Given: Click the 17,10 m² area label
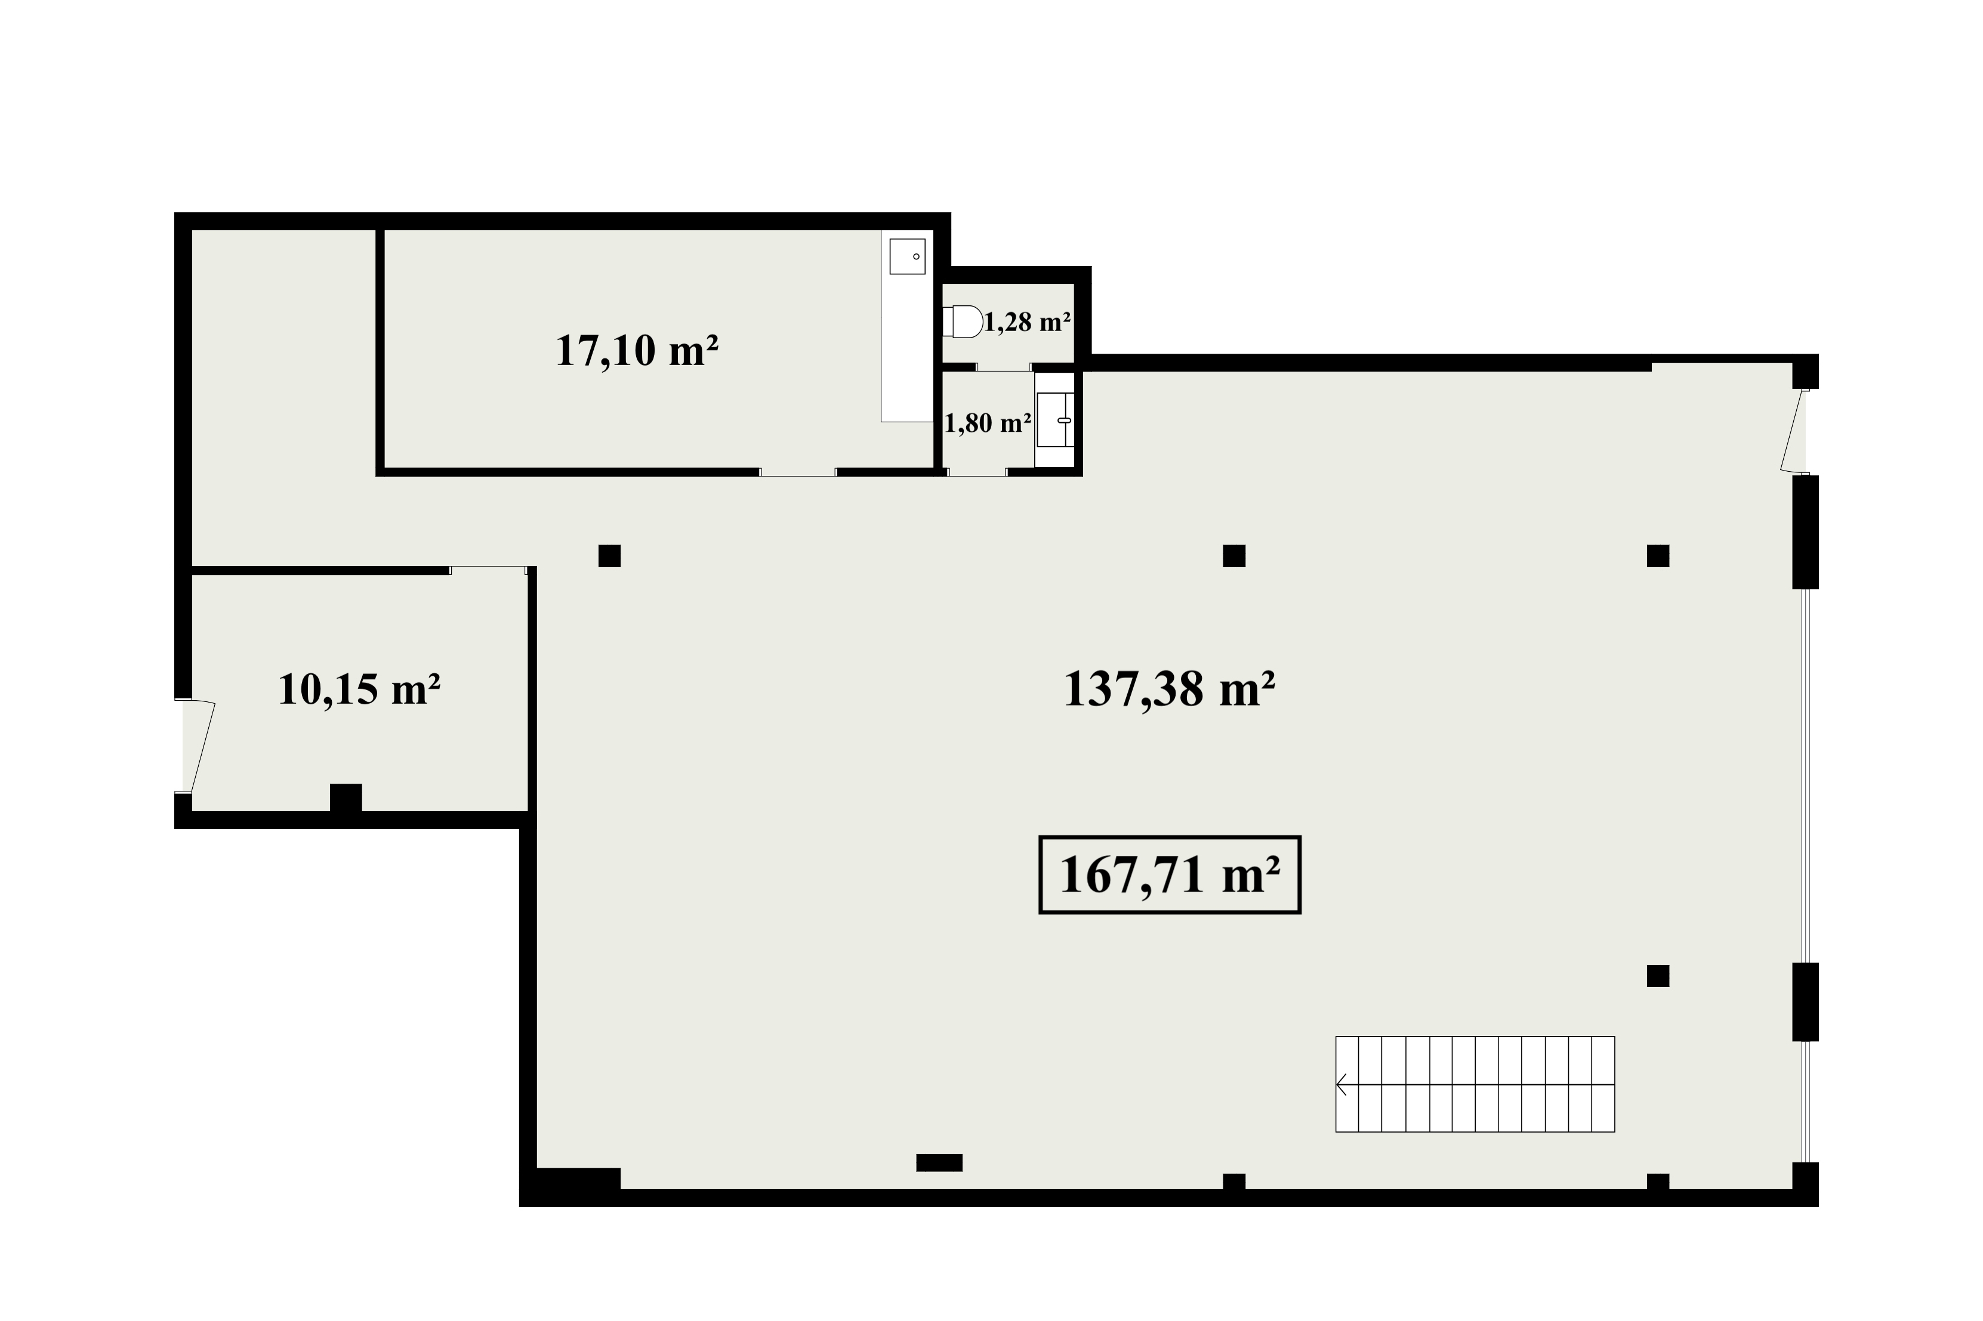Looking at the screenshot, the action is [x=636, y=351].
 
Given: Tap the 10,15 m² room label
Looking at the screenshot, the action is [x=359, y=689].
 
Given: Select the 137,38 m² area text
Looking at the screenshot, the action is [x=1168, y=689].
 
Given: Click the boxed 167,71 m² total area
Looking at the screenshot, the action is [x=1170, y=874].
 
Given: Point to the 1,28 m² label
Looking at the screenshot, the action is [x=1028, y=322].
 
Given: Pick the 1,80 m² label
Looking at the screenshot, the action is [x=988, y=423].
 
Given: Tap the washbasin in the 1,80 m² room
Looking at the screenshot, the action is [x=1055, y=419].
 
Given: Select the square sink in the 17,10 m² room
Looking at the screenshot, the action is [x=908, y=256].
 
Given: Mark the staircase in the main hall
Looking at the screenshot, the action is [x=1475, y=1084].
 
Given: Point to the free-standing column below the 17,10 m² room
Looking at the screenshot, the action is [x=609, y=556].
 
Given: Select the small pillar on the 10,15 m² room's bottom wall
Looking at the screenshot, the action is [x=346, y=798].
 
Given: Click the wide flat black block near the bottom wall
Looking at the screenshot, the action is [x=939, y=1162].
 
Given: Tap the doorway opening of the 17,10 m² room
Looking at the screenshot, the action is [x=798, y=472].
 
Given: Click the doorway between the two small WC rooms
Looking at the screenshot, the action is [x=1004, y=367].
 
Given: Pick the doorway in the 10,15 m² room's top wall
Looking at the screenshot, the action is [x=489, y=570].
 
